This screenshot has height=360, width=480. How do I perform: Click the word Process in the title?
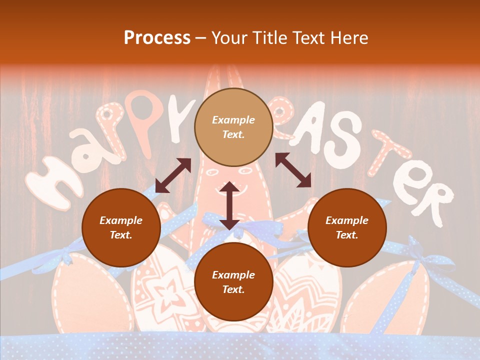[157, 38]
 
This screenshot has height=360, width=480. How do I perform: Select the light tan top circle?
[233, 127]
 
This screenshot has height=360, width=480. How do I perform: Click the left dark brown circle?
[121, 227]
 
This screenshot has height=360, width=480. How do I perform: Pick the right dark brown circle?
[347, 227]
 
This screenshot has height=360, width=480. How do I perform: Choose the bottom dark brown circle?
[233, 282]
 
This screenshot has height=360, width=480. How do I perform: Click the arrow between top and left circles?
[173, 175]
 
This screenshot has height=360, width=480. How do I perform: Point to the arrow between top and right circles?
[293, 170]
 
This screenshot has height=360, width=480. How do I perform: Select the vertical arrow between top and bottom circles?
[229, 205]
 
